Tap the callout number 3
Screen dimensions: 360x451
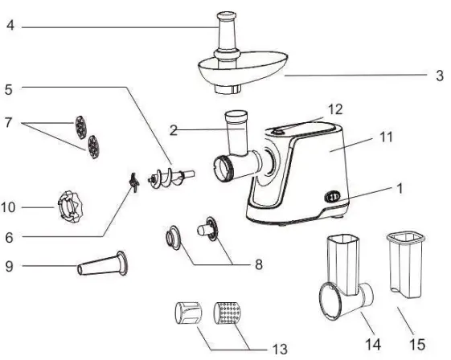(439, 76)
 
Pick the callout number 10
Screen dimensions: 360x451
(8, 207)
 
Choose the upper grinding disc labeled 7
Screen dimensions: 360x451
(79, 125)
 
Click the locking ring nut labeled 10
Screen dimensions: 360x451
(64, 207)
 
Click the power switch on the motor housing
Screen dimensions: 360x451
(330, 195)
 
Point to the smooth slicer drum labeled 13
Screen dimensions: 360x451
(190, 313)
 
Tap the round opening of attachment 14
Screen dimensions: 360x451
(330, 299)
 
